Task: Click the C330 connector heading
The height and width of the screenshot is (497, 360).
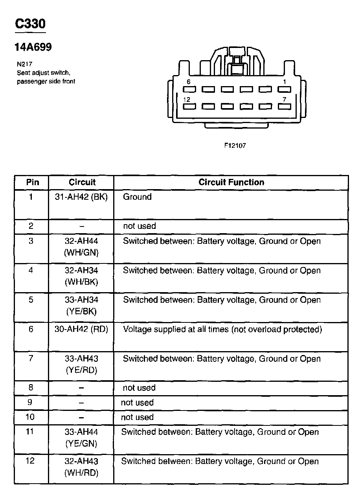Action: pos(30,24)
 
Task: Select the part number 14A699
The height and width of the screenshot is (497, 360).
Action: pos(33,48)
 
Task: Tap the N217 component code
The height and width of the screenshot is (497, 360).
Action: pos(24,64)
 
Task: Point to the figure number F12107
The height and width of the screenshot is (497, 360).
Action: pos(235,145)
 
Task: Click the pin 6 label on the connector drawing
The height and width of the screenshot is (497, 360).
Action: pos(189,82)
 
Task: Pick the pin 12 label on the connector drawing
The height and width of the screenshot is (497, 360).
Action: pos(187,99)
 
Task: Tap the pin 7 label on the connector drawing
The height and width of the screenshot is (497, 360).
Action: pos(285,99)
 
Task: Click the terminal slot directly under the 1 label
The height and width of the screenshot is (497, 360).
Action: pos(285,89)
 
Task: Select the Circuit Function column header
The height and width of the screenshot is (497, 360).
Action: pos(231,182)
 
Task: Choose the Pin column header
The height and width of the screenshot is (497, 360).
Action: pos(32,182)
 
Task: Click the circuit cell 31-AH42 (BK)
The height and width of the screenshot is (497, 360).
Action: pos(81,197)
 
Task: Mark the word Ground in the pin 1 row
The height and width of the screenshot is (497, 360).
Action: pos(137,197)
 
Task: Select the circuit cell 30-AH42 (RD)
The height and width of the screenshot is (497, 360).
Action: pos(81,329)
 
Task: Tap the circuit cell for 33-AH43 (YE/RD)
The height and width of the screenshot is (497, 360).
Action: pos(81,364)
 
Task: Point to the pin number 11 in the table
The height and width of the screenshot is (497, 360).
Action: pos(30,432)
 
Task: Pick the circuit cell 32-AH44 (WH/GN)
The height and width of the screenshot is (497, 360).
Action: pos(81,247)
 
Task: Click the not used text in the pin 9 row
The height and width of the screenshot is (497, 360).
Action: pos(137,403)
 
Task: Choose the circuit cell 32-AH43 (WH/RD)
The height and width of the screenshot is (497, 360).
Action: pos(81,467)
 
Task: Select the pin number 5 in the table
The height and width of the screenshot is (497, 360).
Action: pos(31,300)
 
